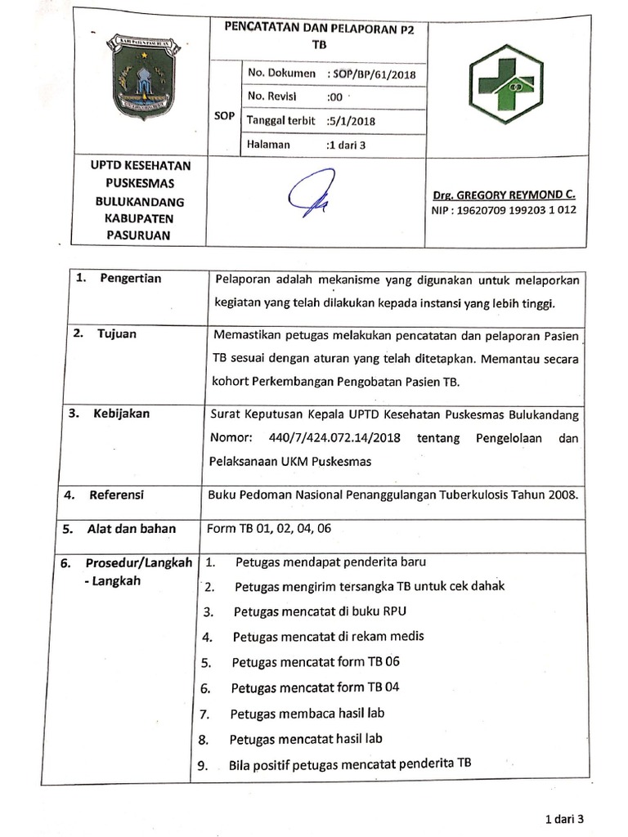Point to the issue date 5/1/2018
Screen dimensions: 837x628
point(351,121)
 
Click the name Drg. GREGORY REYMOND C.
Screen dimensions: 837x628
point(504,195)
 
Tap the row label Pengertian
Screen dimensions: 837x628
point(130,278)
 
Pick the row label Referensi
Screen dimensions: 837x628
point(116,495)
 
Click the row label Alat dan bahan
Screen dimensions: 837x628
point(131,528)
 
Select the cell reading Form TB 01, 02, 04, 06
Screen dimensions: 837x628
point(269,528)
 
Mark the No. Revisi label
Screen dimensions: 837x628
point(270,96)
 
